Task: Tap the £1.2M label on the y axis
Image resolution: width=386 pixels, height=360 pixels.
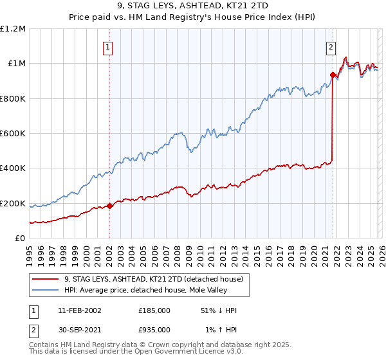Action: (13, 29)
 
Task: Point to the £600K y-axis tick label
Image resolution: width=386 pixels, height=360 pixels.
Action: (13, 134)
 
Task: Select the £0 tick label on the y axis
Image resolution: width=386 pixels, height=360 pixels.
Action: (19, 239)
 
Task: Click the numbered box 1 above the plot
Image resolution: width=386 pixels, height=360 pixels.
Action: (108, 46)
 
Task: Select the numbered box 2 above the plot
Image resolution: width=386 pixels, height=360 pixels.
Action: (331, 46)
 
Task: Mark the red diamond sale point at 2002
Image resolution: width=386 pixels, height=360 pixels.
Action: (109, 206)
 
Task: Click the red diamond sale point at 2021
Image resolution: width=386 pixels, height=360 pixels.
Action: (333, 75)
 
